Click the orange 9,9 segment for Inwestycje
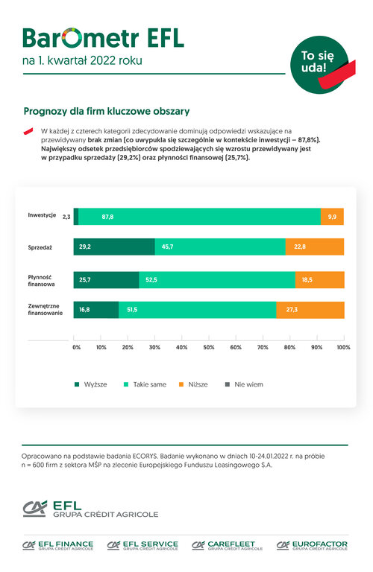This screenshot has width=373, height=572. tap(332, 217)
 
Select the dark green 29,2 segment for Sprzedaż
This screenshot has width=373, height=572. tap(114, 247)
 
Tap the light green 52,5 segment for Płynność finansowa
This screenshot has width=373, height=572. tap(217, 280)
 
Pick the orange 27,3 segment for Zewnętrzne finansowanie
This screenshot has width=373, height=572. tap(310, 310)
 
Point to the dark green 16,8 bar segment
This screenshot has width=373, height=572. tap(96, 310)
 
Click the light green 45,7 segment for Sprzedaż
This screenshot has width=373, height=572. tap(220, 247)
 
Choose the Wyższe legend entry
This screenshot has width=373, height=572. tap(90, 384)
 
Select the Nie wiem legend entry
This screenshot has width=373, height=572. tap(244, 384)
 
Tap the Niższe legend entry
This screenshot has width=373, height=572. tap(193, 384)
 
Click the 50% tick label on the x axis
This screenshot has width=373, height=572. tap(209, 347)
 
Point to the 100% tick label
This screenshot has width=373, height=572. tap(343, 347)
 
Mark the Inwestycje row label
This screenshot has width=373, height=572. tap(42, 215)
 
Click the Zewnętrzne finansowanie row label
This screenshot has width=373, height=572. tap(46, 309)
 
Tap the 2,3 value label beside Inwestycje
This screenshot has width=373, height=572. tap(66, 217)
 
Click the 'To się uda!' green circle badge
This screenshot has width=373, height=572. tap(319, 65)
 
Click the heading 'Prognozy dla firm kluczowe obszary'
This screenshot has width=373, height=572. tap(107, 111)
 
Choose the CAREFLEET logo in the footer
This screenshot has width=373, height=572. tap(228, 545)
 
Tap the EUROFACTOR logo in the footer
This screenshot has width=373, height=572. tap(312, 545)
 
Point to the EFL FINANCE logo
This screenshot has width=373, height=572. tap(57, 545)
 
